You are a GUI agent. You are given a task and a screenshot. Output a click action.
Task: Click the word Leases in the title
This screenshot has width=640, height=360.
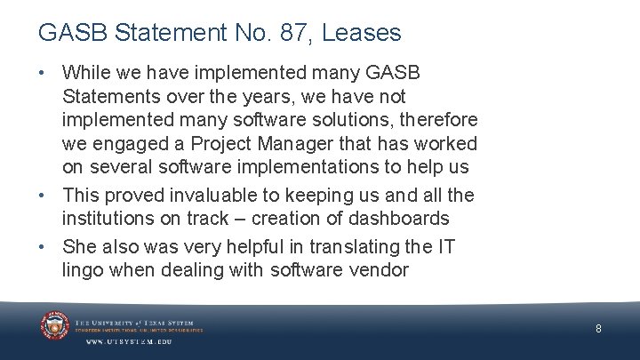(x=362, y=33)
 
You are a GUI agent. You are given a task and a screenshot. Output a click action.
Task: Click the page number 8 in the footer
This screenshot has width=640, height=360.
(x=598, y=329)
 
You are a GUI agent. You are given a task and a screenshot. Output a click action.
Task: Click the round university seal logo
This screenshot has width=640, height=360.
(x=55, y=325)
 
